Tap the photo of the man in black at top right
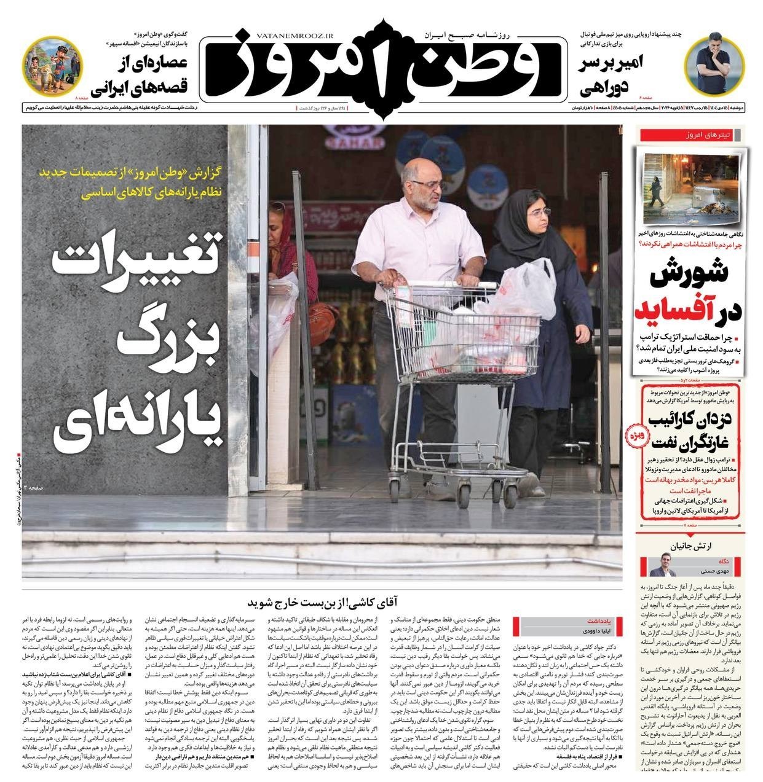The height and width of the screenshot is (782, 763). click(718, 61)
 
